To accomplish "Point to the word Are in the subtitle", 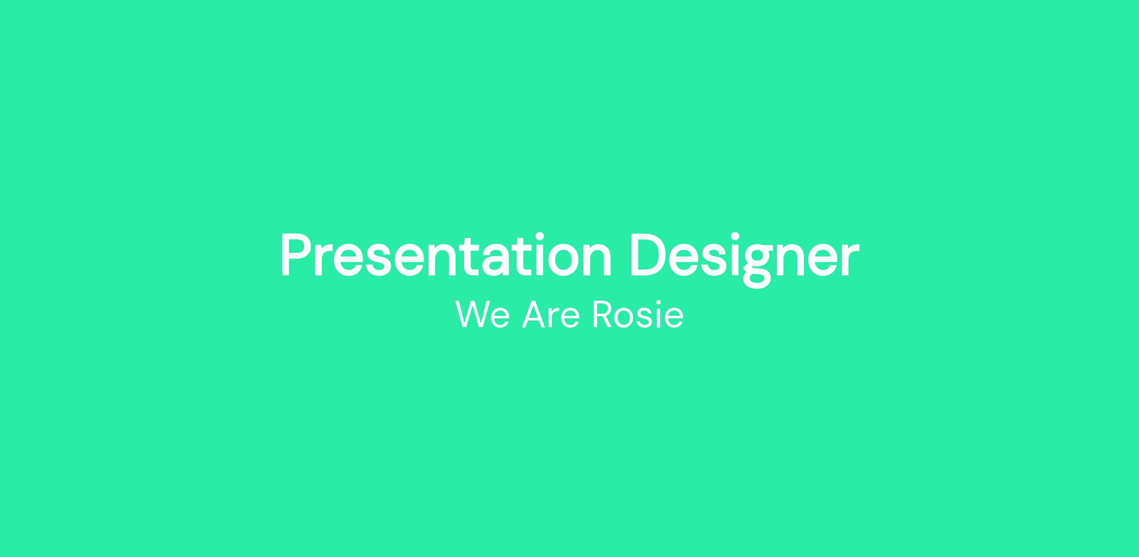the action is point(551,314).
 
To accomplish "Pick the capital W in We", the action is point(472,314).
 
